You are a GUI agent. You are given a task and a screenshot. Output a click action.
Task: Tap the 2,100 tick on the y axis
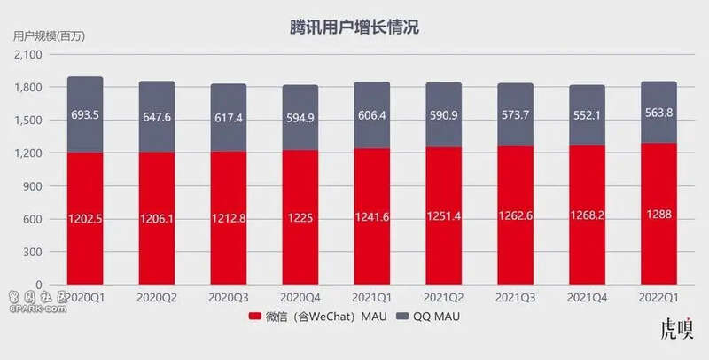pos(29,55)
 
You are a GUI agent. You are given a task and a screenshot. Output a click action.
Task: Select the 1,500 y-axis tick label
pos(29,121)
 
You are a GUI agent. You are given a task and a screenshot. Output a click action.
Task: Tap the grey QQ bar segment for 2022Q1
pos(658,112)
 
